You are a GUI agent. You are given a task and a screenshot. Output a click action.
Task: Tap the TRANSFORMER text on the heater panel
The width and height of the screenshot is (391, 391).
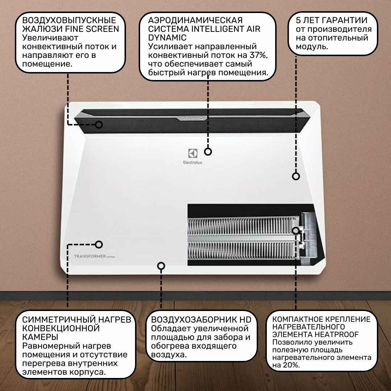click(90, 256)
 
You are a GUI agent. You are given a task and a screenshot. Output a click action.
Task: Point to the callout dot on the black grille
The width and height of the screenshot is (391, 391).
click(99, 125)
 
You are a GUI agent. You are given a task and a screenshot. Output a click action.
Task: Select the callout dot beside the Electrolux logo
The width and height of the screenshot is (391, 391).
click(208, 152)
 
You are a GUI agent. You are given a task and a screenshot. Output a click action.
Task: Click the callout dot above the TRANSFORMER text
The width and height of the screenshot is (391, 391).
click(99, 244)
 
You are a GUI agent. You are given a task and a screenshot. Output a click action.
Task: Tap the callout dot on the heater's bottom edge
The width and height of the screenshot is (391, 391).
click(161, 266)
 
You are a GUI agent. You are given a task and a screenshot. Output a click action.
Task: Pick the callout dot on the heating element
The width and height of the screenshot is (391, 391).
click(296, 230)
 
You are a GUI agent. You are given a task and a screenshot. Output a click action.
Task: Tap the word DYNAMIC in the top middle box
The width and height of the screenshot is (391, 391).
click(167, 38)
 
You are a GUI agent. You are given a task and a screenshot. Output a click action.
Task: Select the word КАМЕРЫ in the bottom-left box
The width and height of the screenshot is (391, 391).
click(41, 337)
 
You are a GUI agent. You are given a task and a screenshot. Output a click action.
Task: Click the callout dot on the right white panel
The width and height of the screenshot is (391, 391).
click(296, 176)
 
